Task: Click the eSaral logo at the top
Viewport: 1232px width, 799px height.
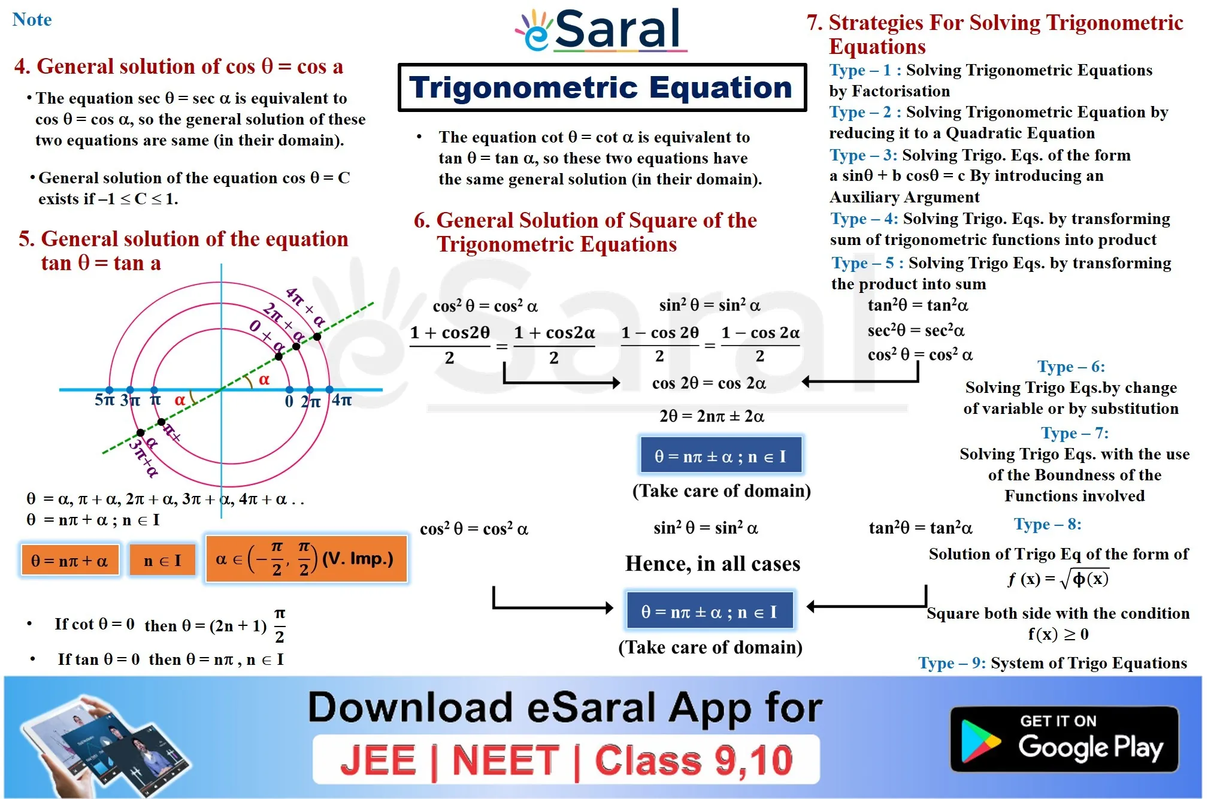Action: click(601, 30)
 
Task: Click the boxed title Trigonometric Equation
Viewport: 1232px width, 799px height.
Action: click(603, 87)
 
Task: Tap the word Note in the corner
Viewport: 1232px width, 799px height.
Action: click(32, 20)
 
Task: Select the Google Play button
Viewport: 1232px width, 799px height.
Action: click(1064, 739)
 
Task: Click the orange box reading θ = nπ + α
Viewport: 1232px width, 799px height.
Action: click(70, 561)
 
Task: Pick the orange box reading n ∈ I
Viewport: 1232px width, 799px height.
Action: click(162, 561)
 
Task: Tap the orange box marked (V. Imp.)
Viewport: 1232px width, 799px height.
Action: click(306, 559)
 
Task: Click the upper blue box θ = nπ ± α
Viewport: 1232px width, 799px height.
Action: click(721, 456)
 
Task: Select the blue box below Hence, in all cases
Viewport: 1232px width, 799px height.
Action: click(710, 611)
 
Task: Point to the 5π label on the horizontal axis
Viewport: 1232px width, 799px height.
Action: click(105, 399)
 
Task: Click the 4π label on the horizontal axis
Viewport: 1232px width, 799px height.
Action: click(342, 399)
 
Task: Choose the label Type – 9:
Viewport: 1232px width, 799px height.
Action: click(952, 663)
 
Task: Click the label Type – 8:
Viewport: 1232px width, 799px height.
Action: click(1048, 525)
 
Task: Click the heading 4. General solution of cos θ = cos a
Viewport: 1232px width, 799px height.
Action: click(178, 66)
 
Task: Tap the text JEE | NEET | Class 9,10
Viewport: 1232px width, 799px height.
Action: click(567, 761)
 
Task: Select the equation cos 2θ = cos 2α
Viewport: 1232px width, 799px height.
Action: click(709, 383)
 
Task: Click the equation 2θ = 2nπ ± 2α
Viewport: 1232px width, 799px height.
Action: click(712, 416)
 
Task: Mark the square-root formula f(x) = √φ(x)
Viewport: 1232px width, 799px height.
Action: click(1058, 579)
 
